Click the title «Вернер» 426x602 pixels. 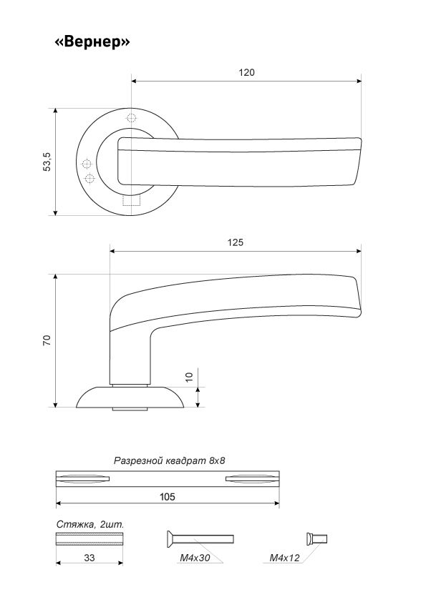tap(92, 41)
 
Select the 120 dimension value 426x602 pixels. tap(246, 72)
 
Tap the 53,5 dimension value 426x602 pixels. tap(47, 162)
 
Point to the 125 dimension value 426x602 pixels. tap(236, 242)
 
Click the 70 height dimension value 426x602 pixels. tap(47, 340)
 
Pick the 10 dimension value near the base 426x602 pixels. tap(189, 377)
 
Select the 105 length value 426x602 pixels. tap(168, 497)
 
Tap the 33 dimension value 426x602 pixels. tap(89, 558)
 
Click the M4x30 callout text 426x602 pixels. tap(195, 558)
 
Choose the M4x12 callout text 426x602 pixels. tap(284, 558)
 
